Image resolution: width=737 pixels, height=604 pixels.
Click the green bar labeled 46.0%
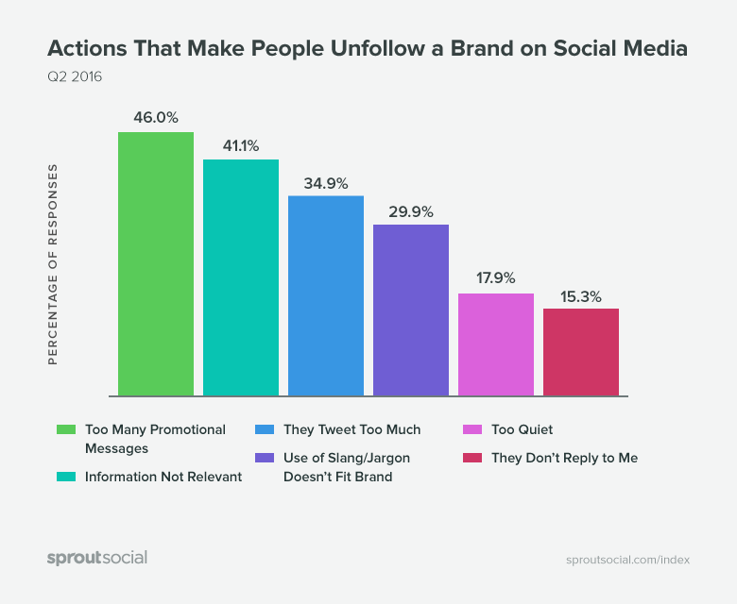pyautogui.click(x=156, y=264)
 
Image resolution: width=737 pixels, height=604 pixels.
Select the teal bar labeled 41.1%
pyautogui.click(x=241, y=277)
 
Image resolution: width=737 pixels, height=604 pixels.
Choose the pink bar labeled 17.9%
pyautogui.click(x=496, y=344)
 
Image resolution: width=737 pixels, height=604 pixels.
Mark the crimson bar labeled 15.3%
pyautogui.click(x=581, y=352)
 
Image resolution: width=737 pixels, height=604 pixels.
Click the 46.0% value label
pyautogui.click(x=156, y=118)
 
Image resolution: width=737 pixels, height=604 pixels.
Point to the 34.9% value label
pyautogui.click(x=326, y=181)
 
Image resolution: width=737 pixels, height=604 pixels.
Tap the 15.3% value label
pyautogui.click(x=581, y=294)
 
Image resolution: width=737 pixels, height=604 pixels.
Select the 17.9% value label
pyautogui.click(x=496, y=279)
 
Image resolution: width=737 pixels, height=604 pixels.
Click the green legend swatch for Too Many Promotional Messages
pyautogui.click(x=66, y=429)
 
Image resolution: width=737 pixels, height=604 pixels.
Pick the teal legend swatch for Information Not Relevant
pyautogui.click(x=66, y=477)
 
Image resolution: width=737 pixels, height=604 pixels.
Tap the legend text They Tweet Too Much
pyautogui.click(x=351, y=429)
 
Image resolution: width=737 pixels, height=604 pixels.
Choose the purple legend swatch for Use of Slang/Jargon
pyautogui.click(x=265, y=458)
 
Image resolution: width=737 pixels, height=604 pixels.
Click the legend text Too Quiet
pyautogui.click(x=522, y=429)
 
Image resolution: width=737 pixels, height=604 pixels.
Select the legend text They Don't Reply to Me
pyautogui.click(x=564, y=458)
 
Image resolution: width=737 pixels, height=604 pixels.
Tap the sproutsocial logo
pyautogui.click(x=97, y=558)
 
